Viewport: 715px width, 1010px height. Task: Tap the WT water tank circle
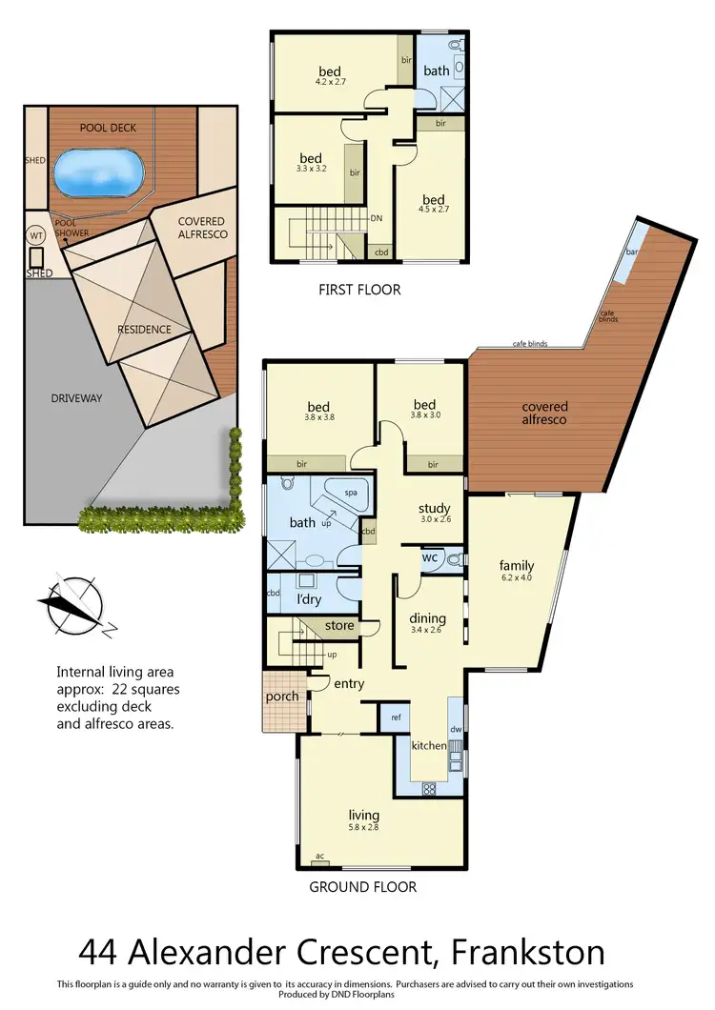click(36, 234)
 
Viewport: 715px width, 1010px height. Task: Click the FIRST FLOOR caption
click(360, 289)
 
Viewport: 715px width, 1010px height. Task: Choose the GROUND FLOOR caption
click(362, 887)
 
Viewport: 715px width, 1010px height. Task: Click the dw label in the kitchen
click(455, 729)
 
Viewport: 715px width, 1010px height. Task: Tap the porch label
click(282, 696)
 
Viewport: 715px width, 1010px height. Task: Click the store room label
click(339, 626)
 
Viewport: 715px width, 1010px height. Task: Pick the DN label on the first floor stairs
click(377, 218)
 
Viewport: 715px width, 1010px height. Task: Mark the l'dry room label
click(307, 600)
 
